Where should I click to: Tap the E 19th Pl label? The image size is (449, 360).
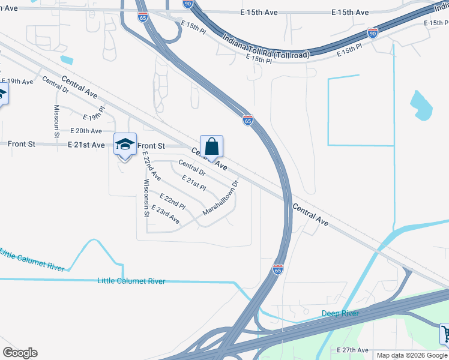click(x=94, y=113)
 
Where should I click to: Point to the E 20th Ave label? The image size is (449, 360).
click(x=86, y=131)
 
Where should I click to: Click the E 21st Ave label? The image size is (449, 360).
click(x=86, y=145)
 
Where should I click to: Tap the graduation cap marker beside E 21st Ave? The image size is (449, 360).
click(x=125, y=145)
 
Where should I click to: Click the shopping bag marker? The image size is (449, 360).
click(x=211, y=147)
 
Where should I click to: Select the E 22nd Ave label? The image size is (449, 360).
click(x=152, y=166)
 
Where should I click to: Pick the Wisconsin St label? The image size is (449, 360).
click(x=146, y=197)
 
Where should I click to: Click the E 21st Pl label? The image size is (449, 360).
click(x=194, y=183)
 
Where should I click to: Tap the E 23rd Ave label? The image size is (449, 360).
click(x=166, y=215)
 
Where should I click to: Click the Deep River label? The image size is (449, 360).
click(x=340, y=313)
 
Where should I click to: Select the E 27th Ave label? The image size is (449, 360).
click(x=352, y=350)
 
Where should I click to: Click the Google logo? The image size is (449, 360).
click(x=20, y=353)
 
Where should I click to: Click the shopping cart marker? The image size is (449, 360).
click(x=445, y=333)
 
